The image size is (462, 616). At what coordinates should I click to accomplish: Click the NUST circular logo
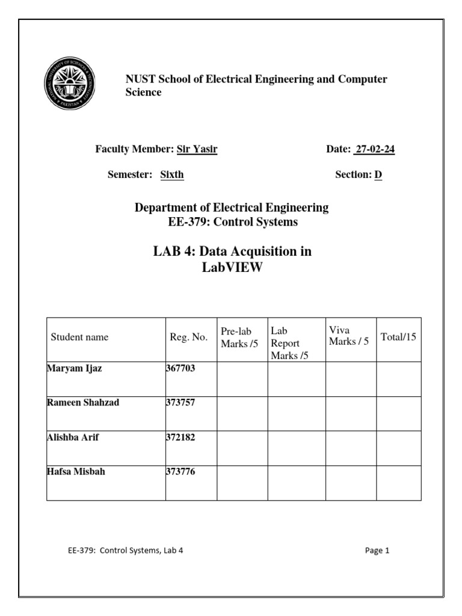[x=70, y=84]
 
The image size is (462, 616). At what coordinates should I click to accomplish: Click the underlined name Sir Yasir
[x=197, y=150]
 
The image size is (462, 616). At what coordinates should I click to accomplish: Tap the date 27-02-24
[x=374, y=150]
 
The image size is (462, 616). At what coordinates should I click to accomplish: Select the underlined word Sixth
[x=172, y=174]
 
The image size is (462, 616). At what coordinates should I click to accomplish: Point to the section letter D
[x=378, y=174]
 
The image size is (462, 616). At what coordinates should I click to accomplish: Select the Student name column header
[x=79, y=337]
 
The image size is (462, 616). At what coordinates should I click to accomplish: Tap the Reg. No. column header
[x=188, y=337]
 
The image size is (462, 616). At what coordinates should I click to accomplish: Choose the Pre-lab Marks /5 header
[x=236, y=337]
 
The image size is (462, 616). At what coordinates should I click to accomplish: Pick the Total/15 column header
[x=398, y=337]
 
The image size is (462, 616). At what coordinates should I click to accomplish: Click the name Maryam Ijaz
[x=75, y=369]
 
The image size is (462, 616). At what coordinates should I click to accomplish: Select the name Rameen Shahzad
[x=83, y=402]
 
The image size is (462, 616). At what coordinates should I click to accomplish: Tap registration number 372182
[x=180, y=437]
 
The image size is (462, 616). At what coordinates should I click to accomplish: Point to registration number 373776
[x=180, y=472]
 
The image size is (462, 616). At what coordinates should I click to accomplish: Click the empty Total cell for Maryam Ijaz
[x=399, y=379]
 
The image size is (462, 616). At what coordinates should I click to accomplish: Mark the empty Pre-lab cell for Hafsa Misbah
[x=242, y=483]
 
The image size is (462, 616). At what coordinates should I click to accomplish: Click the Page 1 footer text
[x=377, y=550]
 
